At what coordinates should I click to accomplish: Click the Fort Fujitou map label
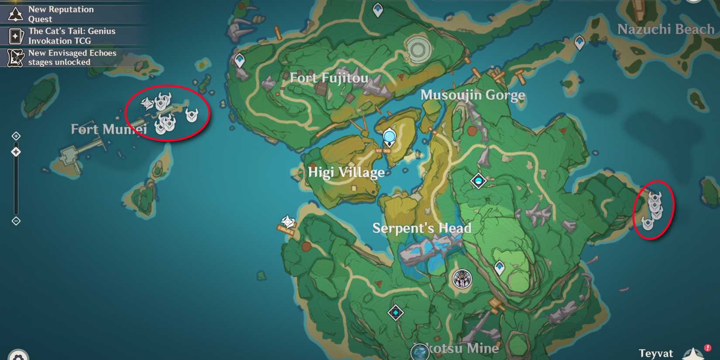[x=329, y=78]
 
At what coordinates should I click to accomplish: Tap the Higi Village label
[x=346, y=172]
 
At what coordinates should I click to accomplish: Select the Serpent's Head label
[x=422, y=228]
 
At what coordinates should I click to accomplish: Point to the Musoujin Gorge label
[x=473, y=95]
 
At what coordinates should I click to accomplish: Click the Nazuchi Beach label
[x=665, y=29]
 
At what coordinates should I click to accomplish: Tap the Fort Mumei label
[x=109, y=129]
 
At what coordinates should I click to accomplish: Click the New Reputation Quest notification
[x=61, y=14]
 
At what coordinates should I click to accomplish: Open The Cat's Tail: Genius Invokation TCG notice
[x=72, y=36]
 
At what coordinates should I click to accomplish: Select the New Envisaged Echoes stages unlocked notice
[x=72, y=58]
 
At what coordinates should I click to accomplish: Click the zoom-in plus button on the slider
[x=16, y=136]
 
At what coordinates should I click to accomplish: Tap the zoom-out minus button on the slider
[x=16, y=221]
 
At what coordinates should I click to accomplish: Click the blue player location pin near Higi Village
[x=389, y=137]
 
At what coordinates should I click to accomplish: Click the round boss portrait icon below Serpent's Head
[x=462, y=279]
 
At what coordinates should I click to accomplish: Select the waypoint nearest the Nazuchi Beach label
[x=579, y=43]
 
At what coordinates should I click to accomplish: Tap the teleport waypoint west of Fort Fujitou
[x=240, y=60]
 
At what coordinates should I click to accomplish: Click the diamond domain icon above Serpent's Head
[x=478, y=181]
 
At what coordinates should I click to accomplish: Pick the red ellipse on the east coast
[x=653, y=210]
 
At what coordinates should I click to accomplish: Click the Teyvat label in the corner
[x=655, y=353]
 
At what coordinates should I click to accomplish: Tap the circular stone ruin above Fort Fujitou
[x=418, y=49]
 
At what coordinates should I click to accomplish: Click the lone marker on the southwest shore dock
[x=288, y=222]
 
